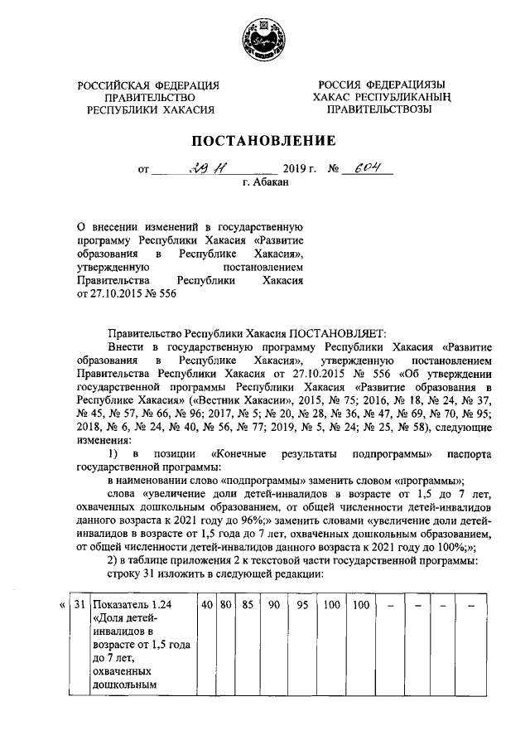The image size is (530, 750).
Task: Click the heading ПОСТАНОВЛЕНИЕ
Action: click(x=264, y=141)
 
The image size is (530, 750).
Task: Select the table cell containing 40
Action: click(x=206, y=606)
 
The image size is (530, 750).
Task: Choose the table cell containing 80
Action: click(x=224, y=606)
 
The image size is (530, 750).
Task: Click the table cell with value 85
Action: click(x=246, y=606)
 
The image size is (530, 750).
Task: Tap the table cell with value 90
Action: click(x=273, y=606)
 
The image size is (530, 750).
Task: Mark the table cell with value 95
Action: click(x=302, y=606)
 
